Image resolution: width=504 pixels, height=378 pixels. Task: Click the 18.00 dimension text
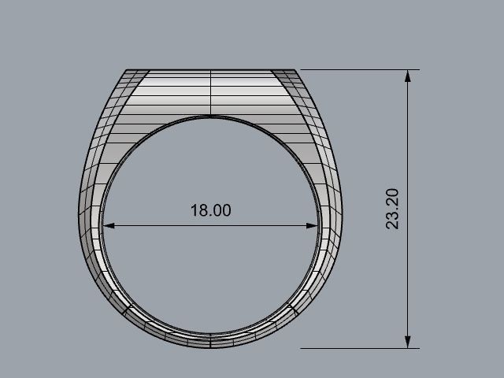tap(211, 211)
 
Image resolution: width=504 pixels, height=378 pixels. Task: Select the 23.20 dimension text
tap(393, 209)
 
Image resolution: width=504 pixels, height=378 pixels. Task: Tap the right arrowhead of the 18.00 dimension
tap(313, 226)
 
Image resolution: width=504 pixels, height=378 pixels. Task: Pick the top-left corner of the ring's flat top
tap(128, 70)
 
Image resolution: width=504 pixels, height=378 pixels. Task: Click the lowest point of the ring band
tap(211, 347)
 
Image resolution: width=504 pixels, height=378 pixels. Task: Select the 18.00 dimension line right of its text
tap(276, 226)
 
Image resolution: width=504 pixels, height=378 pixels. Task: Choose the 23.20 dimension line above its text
tap(407, 134)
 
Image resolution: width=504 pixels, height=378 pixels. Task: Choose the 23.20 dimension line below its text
tap(407, 283)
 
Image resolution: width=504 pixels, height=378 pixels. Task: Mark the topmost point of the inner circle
tap(211, 117)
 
